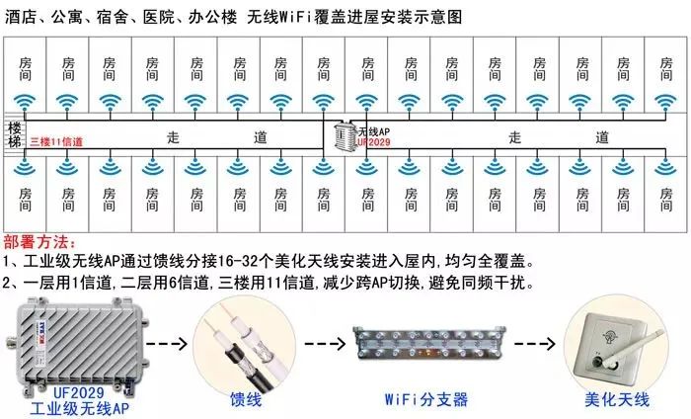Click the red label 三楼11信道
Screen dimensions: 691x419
point(56,141)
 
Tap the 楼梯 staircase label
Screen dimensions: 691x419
point(15,135)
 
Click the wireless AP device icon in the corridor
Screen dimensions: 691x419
point(345,135)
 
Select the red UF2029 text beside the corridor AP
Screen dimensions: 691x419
point(374,142)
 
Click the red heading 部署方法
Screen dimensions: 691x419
point(39,242)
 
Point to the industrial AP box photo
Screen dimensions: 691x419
point(75,345)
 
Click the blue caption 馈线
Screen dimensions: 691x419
point(246,399)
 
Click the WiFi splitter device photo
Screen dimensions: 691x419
point(429,342)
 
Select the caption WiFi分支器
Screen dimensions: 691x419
point(425,399)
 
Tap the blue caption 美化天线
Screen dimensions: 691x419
point(617,399)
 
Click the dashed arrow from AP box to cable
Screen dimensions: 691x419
point(166,344)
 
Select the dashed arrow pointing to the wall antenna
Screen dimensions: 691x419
point(534,344)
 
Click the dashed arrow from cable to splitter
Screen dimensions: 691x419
point(325,344)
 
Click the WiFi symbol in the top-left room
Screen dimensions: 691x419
point(25,101)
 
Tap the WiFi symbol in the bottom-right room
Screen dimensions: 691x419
point(665,167)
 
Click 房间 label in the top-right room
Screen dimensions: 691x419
point(666,69)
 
